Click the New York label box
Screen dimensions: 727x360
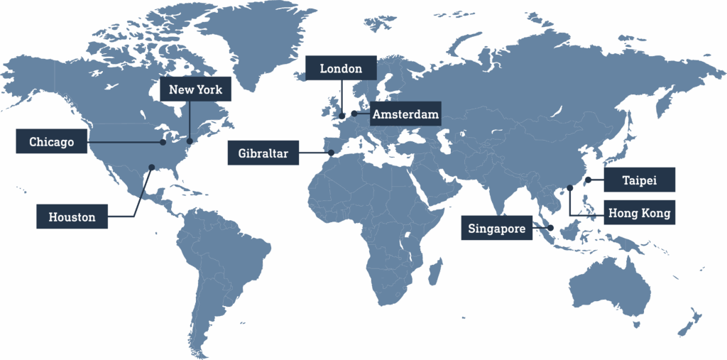click(x=195, y=89)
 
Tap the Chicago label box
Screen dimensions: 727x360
click(x=52, y=142)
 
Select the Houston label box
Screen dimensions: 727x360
click(x=72, y=217)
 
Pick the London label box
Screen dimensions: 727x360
click(x=341, y=69)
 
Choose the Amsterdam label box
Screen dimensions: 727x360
click(x=405, y=114)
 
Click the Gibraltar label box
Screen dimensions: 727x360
click(x=263, y=153)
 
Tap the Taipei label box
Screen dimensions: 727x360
click(x=639, y=180)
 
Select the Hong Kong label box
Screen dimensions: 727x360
click(x=639, y=213)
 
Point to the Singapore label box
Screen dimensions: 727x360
click(x=497, y=229)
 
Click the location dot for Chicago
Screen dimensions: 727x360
click(x=163, y=142)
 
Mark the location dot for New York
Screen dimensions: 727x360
click(x=190, y=141)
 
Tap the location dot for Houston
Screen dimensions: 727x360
click(x=151, y=168)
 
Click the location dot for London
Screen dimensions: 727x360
click(x=342, y=116)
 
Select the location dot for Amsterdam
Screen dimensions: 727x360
click(x=354, y=113)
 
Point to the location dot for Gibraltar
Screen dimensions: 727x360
click(x=331, y=153)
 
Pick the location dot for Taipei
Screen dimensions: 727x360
click(x=589, y=180)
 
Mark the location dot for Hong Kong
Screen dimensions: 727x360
click(x=570, y=188)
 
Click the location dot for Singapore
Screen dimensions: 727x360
click(x=551, y=228)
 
